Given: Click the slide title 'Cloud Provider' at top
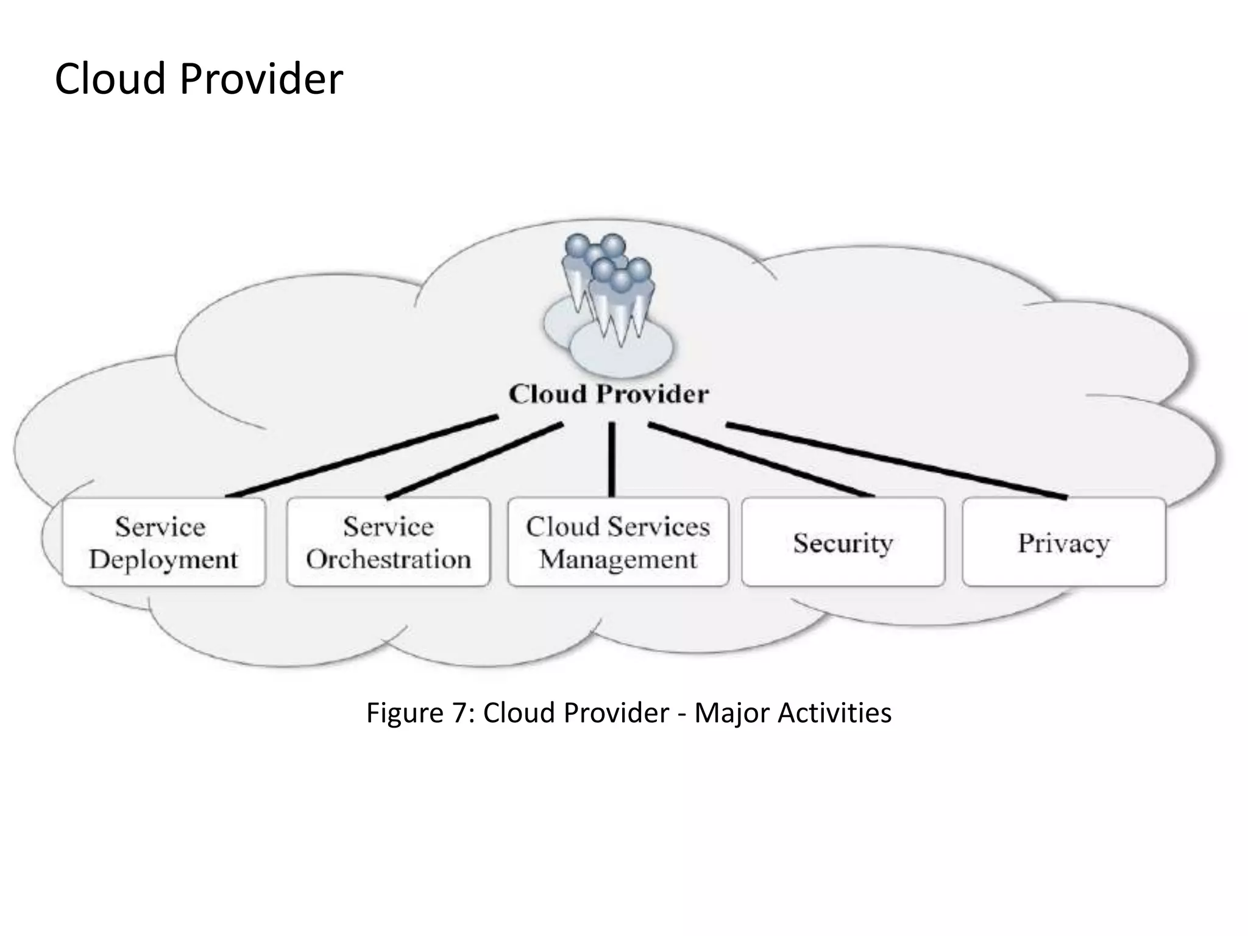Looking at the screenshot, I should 199,79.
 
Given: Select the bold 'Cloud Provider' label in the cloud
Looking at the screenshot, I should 609,394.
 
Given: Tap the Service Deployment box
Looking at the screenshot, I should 163,542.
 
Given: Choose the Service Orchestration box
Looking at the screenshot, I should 388,542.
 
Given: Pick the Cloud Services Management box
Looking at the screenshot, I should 618,542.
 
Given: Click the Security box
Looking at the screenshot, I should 843,542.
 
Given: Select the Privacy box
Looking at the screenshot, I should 1063,542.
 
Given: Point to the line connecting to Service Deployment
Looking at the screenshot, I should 363,456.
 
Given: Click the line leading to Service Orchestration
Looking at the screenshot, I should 474,461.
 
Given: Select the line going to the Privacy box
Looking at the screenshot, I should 896,461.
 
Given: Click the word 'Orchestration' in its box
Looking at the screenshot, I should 388,559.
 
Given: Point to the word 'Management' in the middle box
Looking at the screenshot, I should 618,559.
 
